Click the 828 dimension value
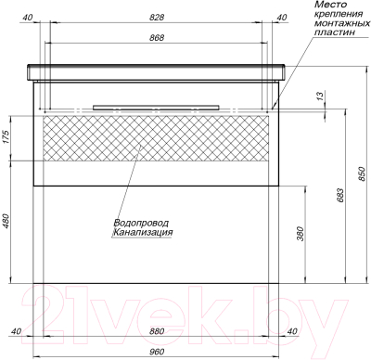pos(157,18)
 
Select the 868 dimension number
pos(157,38)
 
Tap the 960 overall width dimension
pos(157,352)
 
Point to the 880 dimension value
pos(157,331)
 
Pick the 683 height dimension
pos(339,195)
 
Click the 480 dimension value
pos(6,222)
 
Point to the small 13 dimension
pos(320,96)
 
